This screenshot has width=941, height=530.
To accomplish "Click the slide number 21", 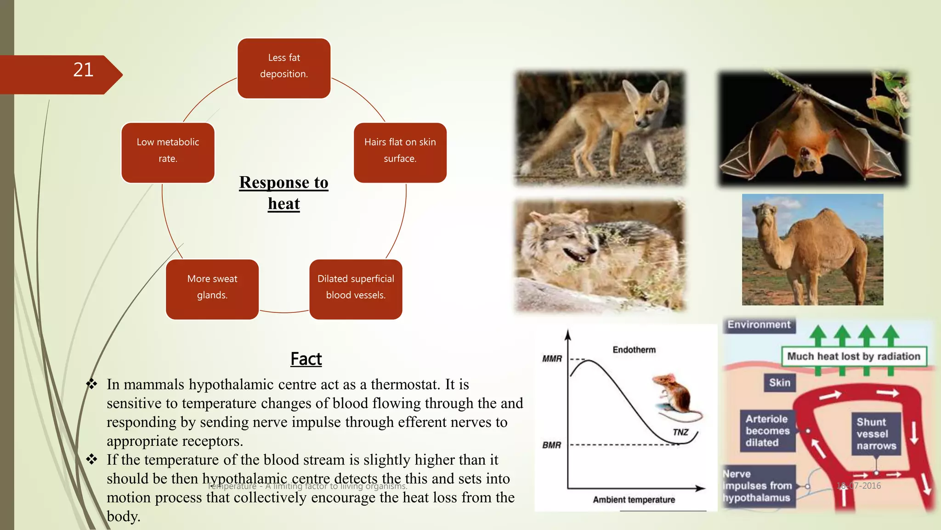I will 83,70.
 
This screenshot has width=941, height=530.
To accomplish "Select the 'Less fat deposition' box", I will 284,68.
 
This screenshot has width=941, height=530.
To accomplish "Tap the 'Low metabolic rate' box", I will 168,152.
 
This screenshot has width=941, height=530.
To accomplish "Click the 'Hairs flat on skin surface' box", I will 400,152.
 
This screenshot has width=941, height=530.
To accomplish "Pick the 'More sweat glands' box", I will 212,289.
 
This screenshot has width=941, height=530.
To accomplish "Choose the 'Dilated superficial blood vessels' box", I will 356,289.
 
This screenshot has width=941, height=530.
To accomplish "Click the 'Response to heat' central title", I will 284,193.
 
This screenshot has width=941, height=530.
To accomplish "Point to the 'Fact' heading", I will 306,359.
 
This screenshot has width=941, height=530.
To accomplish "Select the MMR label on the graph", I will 552,359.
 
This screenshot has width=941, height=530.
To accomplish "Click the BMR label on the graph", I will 551,445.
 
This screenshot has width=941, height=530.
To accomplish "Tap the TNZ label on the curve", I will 680,432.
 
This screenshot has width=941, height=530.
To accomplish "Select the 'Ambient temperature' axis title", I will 634,500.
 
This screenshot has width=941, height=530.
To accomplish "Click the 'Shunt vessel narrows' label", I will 876,434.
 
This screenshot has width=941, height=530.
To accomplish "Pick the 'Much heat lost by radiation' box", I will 854,356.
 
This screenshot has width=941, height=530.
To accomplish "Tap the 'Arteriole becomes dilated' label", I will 767,431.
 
